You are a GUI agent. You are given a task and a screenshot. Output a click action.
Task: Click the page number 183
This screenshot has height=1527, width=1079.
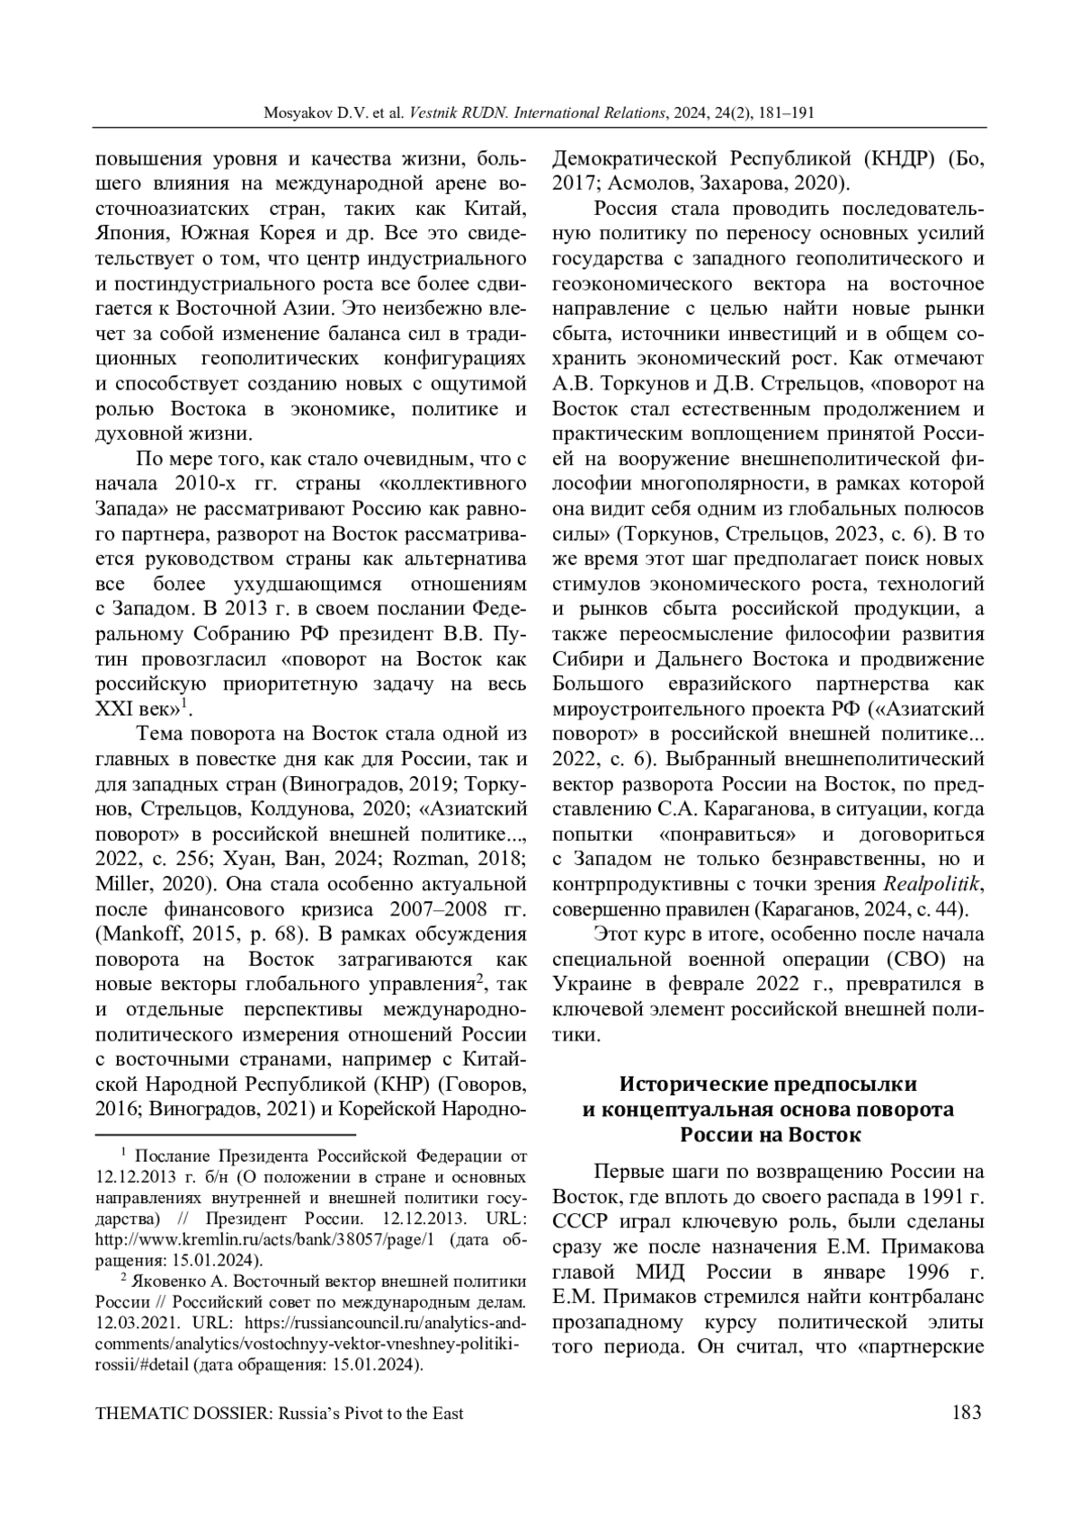click(x=966, y=1413)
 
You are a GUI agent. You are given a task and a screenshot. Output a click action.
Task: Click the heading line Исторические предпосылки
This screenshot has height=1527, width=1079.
click(x=769, y=1085)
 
